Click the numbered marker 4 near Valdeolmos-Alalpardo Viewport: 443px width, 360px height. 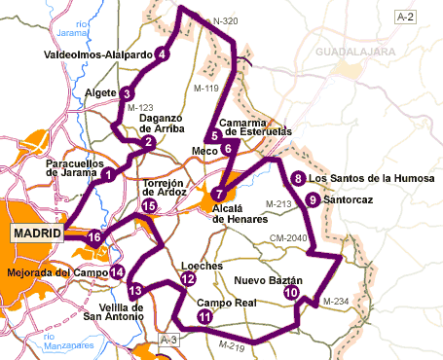tap(162, 54)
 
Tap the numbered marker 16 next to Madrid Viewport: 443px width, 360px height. tap(94, 237)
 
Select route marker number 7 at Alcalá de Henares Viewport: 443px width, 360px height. tap(220, 192)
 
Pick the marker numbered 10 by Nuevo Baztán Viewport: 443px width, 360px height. tap(290, 293)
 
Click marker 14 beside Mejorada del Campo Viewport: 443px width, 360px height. tap(117, 272)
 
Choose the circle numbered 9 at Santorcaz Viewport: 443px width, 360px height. tap(312, 199)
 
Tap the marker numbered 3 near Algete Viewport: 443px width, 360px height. tap(128, 93)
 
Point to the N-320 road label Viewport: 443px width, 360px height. tap(225, 19)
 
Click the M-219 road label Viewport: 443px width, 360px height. tap(232, 346)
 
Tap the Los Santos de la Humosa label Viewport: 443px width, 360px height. tap(365, 178)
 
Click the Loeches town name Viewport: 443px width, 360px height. tap(203, 266)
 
